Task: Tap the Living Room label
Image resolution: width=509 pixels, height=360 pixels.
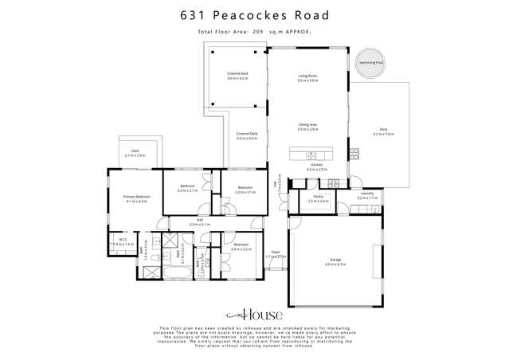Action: (x=307, y=76)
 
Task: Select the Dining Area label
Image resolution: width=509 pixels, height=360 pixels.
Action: (x=307, y=124)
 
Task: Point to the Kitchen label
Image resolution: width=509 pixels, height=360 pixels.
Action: (x=317, y=165)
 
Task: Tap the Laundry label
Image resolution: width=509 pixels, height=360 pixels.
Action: (x=366, y=193)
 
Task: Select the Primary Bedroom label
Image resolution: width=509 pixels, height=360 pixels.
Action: (x=136, y=196)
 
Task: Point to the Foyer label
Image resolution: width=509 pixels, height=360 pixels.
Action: (x=276, y=252)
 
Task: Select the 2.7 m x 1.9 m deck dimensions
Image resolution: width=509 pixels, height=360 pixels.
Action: (x=135, y=155)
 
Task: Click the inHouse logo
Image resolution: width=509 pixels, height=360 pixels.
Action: (x=254, y=315)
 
